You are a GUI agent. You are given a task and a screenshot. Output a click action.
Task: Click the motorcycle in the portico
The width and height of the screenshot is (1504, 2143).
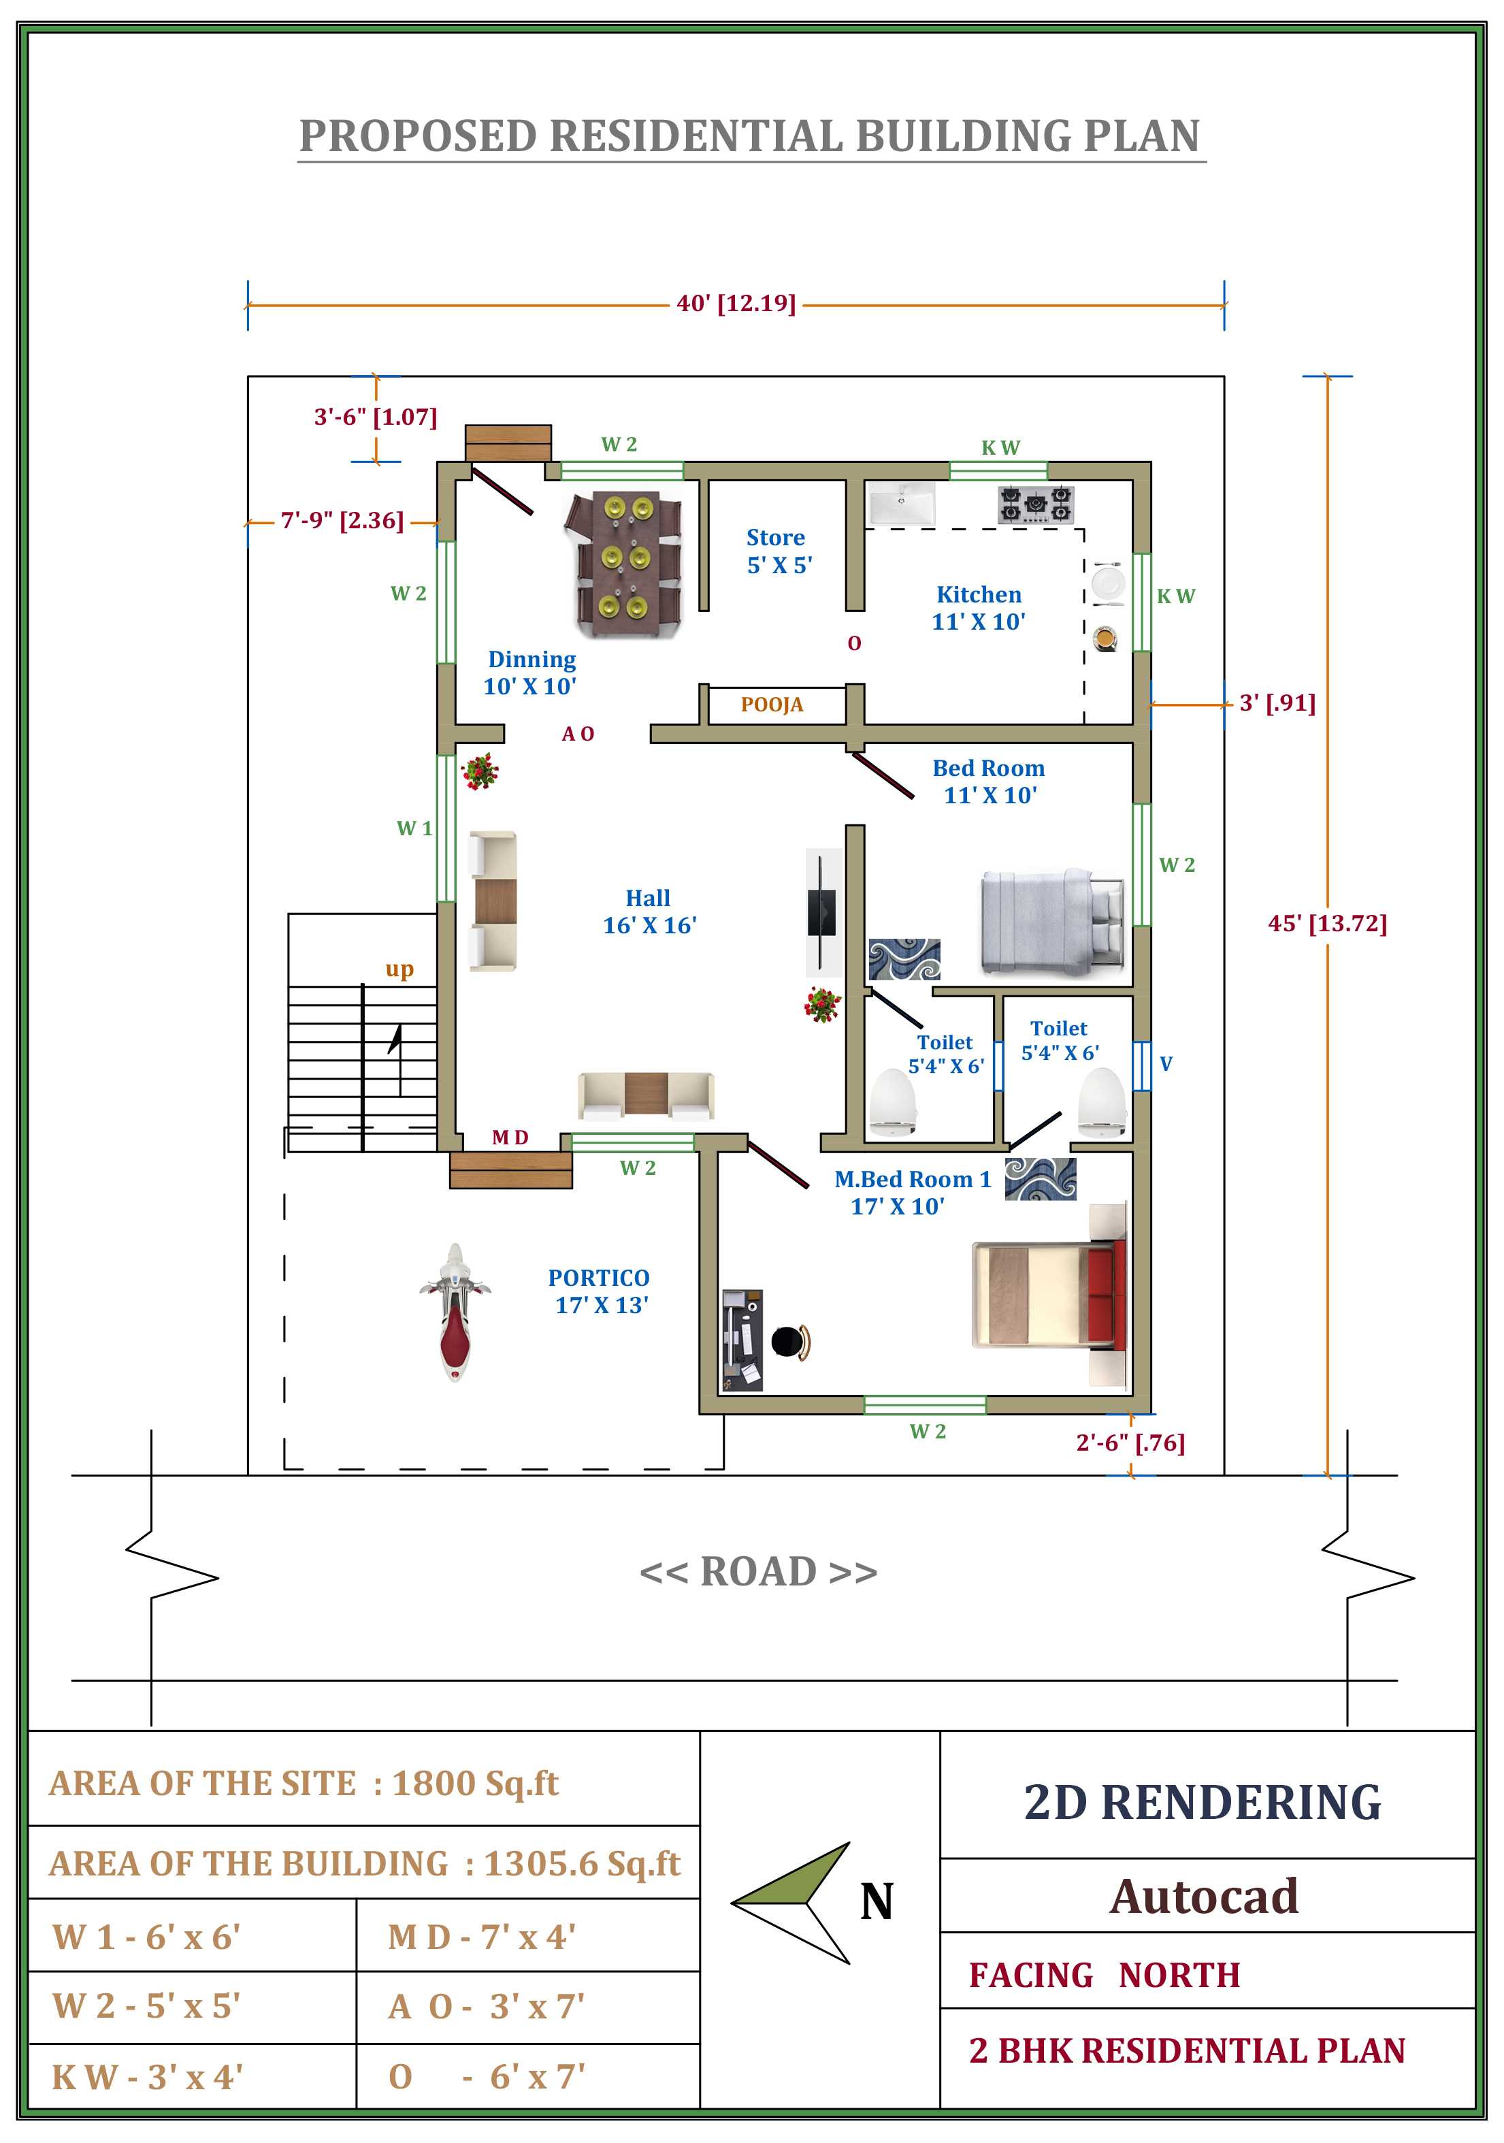pyautogui.click(x=455, y=1312)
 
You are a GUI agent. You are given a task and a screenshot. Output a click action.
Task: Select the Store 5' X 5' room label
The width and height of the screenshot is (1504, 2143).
pyautogui.click(x=778, y=551)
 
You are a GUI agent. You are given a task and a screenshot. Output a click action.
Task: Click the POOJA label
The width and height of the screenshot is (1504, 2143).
pyautogui.click(x=772, y=705)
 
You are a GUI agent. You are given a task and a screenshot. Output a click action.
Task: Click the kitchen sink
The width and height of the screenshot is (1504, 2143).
pyautogui.click(x=901, y=504)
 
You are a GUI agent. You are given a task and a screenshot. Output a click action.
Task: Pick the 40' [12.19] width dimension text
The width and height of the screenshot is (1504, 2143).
pyautogui.click(x=736, y=304)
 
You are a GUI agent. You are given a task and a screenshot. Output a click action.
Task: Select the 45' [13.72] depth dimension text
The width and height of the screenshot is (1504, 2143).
pyautogui.click(x=1327, y=923)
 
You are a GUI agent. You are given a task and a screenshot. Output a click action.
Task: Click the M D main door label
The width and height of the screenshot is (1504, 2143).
pyautogui.click(x=510, y=1137)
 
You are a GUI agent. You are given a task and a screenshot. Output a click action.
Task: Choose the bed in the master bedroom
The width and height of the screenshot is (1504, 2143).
pyautogui.click(x=1049, y=1293)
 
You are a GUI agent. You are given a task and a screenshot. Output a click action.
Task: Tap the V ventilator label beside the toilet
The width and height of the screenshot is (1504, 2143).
pyautogui.click(x=1165, y=1063)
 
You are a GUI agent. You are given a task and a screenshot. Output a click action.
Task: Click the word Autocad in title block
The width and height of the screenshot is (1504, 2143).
pyautogui.click(x=1204, y=1896)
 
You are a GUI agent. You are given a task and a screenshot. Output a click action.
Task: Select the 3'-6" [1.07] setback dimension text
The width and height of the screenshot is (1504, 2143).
pyautogui.click(x=375, y=417)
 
